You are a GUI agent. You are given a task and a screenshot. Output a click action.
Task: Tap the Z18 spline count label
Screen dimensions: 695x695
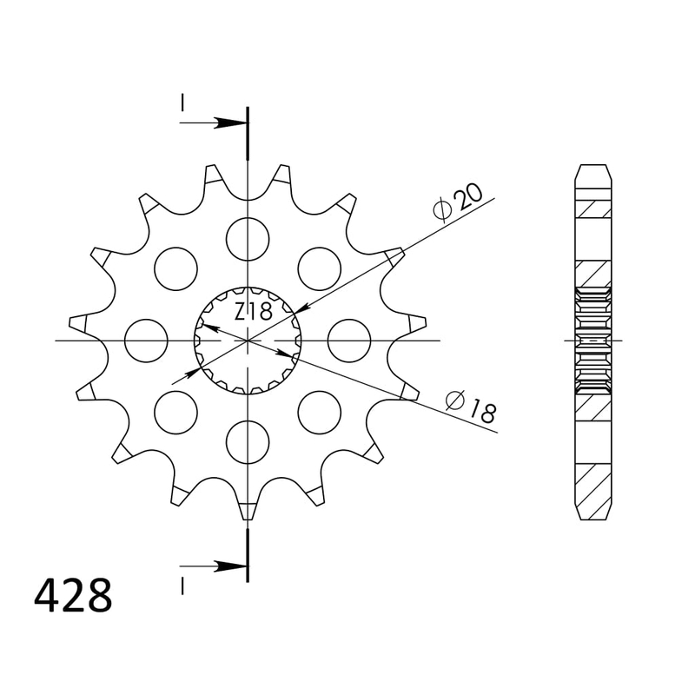pos(253,311)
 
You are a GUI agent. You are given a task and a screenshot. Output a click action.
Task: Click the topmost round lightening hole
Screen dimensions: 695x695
pos(248,237)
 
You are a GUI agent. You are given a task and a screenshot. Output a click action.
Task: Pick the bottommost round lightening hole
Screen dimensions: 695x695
pos(248,441)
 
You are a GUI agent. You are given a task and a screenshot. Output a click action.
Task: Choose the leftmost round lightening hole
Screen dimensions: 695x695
pos(146,340)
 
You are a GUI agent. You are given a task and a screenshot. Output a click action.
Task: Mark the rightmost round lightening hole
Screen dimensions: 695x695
pos(349,340)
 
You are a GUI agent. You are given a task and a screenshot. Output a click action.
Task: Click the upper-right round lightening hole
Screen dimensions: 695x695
pos(319,268)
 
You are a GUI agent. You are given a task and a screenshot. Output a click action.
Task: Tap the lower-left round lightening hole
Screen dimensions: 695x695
pos(175,412)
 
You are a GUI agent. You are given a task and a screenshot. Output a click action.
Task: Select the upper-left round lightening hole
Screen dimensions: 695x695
pos(175,268)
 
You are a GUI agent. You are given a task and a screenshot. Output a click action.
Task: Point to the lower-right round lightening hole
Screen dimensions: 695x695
pos(319,412)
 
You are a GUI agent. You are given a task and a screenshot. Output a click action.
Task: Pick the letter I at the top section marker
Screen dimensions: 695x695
pos(182,103)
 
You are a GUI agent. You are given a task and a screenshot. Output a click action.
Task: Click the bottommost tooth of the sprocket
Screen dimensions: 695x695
pos(248,510)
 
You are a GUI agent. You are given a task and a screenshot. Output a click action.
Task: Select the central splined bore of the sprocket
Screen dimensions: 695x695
pos(248,340)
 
